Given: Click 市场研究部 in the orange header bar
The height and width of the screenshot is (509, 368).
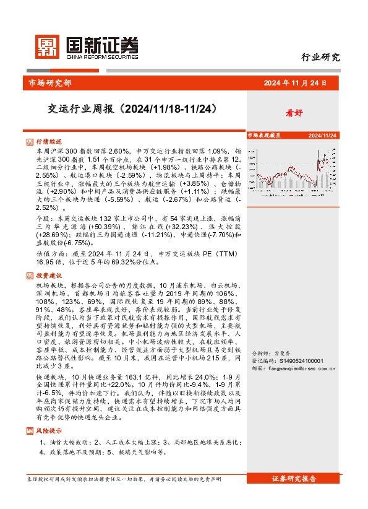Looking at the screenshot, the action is click(50, 82).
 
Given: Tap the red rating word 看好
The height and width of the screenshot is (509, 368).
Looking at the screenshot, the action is click(293, 114).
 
